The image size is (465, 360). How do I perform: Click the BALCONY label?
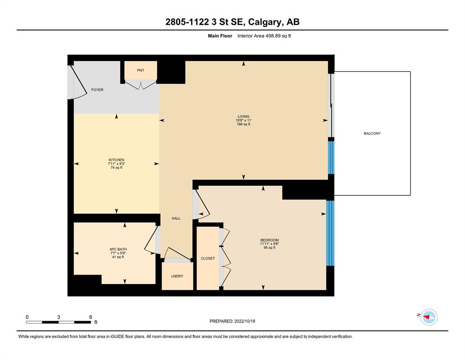[372, 134]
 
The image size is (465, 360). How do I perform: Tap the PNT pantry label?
[140, 70]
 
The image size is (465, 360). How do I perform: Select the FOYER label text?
[97, 90]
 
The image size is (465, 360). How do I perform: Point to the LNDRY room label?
[177, 276]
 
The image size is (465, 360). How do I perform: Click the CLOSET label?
[208, 258]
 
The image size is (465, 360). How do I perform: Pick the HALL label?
[176, 218]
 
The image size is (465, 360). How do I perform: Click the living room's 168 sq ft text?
[244, 124]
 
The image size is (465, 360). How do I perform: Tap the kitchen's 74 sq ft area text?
[117, 168]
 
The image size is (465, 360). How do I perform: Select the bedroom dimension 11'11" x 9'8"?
[270, 244]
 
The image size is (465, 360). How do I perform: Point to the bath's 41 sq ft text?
[118, 257]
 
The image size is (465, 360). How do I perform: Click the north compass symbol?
[429, 317]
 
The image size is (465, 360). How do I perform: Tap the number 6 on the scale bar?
[91, 317]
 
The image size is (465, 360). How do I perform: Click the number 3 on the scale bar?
[59, 317]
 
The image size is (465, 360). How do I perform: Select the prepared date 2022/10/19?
[244, 321]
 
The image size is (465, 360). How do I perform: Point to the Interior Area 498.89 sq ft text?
[264, 36]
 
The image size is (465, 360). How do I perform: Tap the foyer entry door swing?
[77, 82]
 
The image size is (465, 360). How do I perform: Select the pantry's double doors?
[140, 85]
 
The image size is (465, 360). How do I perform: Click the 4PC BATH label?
[118, 249]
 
